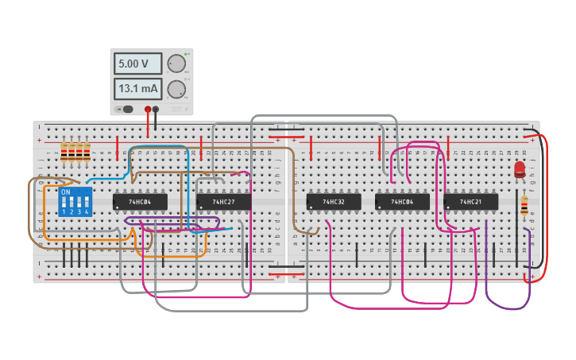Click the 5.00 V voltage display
(137, 64)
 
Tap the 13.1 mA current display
(137, 88)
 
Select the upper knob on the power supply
(177, 64)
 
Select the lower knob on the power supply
(177, 88)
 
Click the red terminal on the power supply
(148, 109)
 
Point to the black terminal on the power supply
(156, 109)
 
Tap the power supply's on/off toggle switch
(126, 109)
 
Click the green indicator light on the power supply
(187, 53)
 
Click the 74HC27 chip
(223, 203)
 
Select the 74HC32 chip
(334, 203)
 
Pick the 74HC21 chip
(471, 203)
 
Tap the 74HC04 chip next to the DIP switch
(140, 203)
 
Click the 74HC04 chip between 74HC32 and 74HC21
(402, 203)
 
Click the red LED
(520, 168)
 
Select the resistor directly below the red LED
(524, 207)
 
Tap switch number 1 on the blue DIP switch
(64, 203)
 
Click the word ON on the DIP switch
(66, 192)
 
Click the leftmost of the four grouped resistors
(64, 152)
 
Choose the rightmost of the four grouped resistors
(87, 152)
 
